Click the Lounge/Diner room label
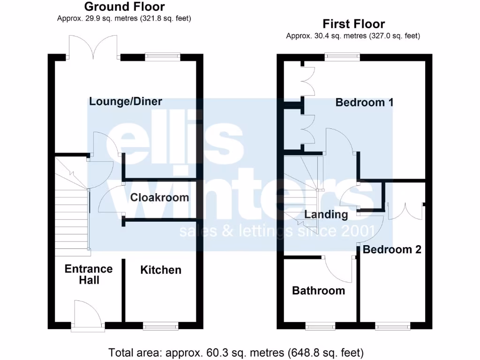pos(126,101)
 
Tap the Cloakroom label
pos(159,197)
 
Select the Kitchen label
pos(161,270)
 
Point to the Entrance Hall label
pos(89,274)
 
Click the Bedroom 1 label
pos(364,102)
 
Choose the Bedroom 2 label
pos(392,249)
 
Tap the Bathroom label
pos(318,291)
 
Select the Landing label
pos(326,215)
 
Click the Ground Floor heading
pos(124,7)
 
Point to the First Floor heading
pos(353,24)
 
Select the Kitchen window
pos(161,326)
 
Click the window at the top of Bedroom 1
pos(343,57)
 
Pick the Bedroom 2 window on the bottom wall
pos(392,326)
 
